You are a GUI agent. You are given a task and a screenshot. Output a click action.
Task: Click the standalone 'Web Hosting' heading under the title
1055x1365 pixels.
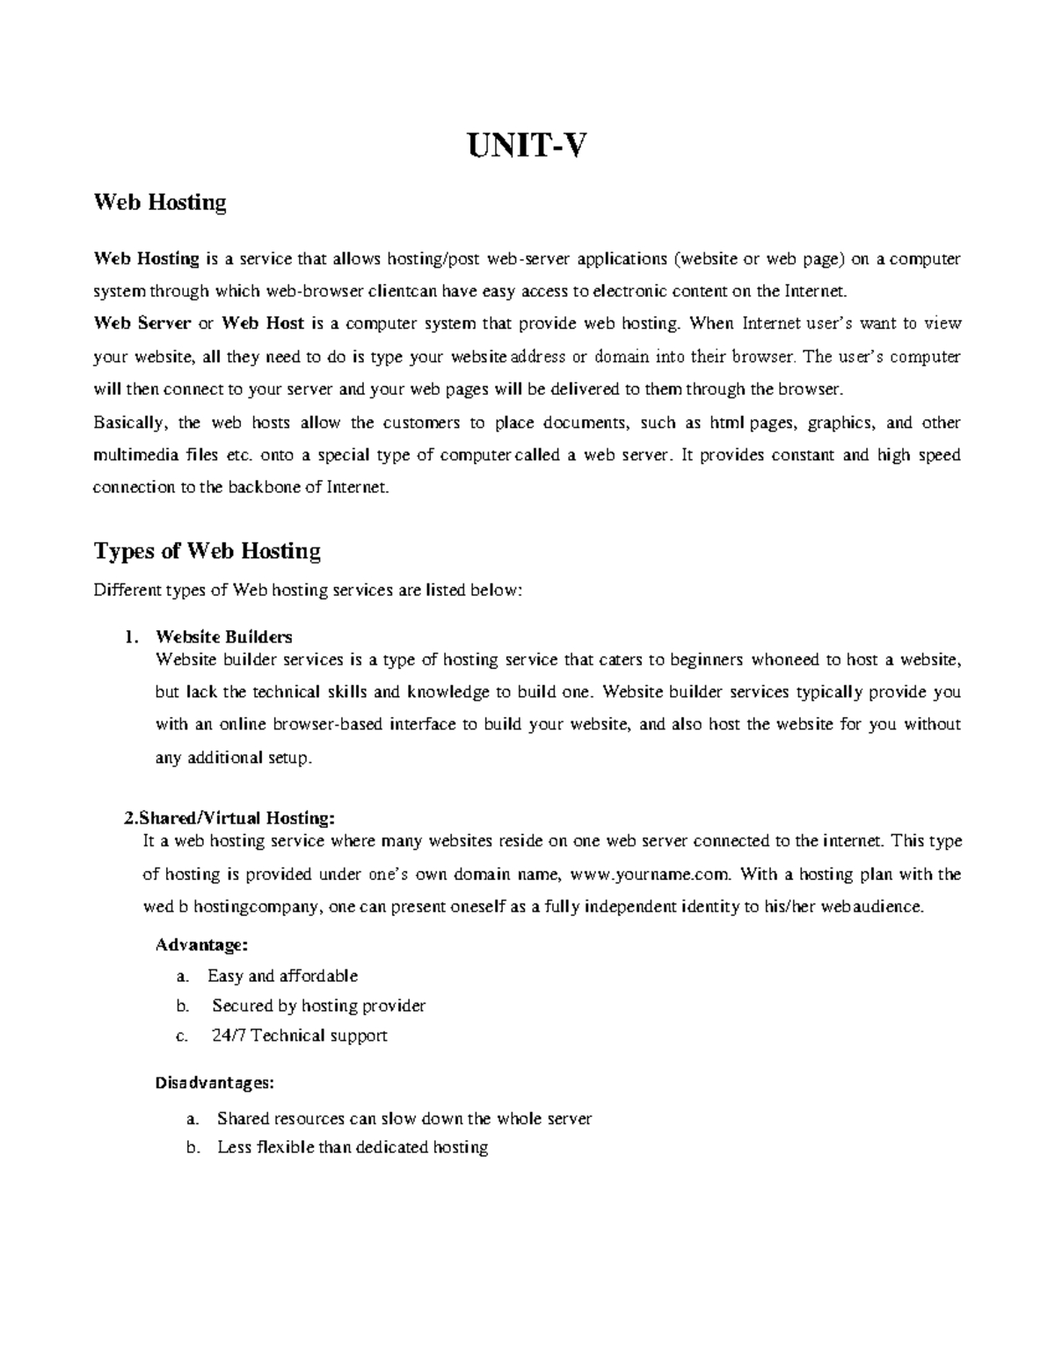coord(160,202)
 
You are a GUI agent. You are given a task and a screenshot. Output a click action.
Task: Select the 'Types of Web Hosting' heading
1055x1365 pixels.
coord(207,551)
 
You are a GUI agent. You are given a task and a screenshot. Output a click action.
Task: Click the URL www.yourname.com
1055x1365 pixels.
coord(650,875)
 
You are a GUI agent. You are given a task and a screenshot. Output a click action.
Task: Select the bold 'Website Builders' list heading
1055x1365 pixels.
coord(223,636)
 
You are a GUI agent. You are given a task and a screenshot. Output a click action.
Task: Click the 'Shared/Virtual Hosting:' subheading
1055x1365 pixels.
coord(229,818)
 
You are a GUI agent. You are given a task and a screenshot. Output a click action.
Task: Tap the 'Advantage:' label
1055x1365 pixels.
coord(201,946)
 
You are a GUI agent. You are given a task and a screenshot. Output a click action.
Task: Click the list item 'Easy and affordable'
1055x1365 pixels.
coord(282,976)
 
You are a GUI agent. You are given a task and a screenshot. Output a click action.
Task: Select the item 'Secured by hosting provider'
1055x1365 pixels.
coord(318,1006)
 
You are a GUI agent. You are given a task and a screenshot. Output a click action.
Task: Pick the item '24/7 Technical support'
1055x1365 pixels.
coord(299,1035)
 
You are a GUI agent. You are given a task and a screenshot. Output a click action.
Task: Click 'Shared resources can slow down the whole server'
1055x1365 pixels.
coord(404,1119)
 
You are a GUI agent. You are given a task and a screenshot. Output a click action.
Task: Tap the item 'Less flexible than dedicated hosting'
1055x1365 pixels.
coord(352,1147)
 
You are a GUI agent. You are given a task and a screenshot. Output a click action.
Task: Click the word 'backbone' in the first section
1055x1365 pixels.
coord(263,488)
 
